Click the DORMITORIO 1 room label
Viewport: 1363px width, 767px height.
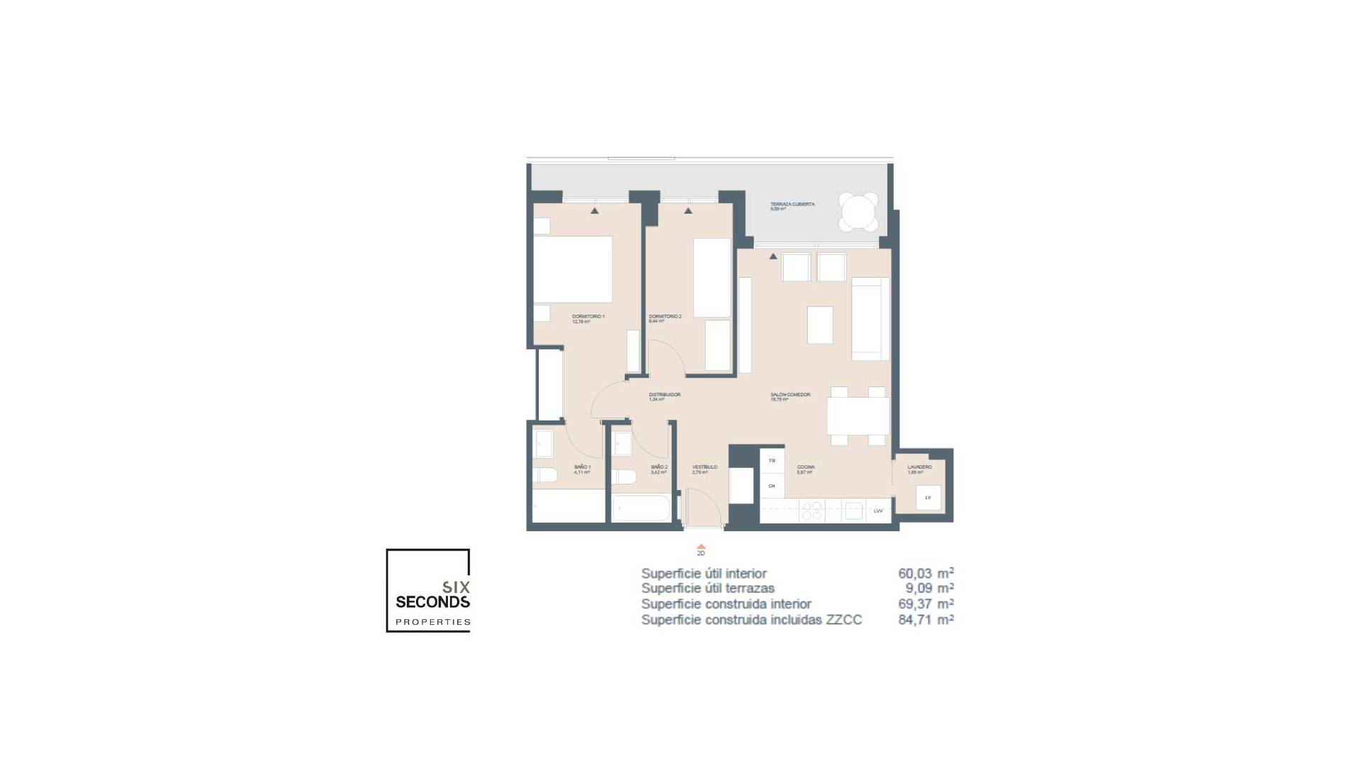[x=588, y=317]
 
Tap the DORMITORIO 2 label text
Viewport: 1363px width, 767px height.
[x=665, y=317]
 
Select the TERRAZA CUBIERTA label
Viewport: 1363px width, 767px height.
[x=792, y=205]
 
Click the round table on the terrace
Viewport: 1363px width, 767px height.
[x=858, y=212]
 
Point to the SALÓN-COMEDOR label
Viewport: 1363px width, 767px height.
[x=790, y=395]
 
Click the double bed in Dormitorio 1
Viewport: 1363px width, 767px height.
[x=572, y=270]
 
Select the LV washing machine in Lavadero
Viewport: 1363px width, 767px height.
[x=928, y=498]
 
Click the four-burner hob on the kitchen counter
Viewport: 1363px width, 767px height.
[x=812, y=511]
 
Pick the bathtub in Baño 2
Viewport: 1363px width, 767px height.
[x=641, y=508]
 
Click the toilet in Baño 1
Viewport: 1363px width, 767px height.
[x=544, y=475]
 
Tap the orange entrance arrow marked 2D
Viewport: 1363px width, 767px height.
[x=701, y=547]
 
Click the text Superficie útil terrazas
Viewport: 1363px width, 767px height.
[x=707, y=589]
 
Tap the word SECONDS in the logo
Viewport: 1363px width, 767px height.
[x=432, y=602]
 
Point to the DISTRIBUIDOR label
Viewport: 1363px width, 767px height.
[x=664, y=395]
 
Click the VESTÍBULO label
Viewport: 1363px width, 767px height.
[x=704, y=467]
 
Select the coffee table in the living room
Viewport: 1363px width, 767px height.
[x=820, y=325]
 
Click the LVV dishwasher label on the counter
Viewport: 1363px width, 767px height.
[x=878, y=511]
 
